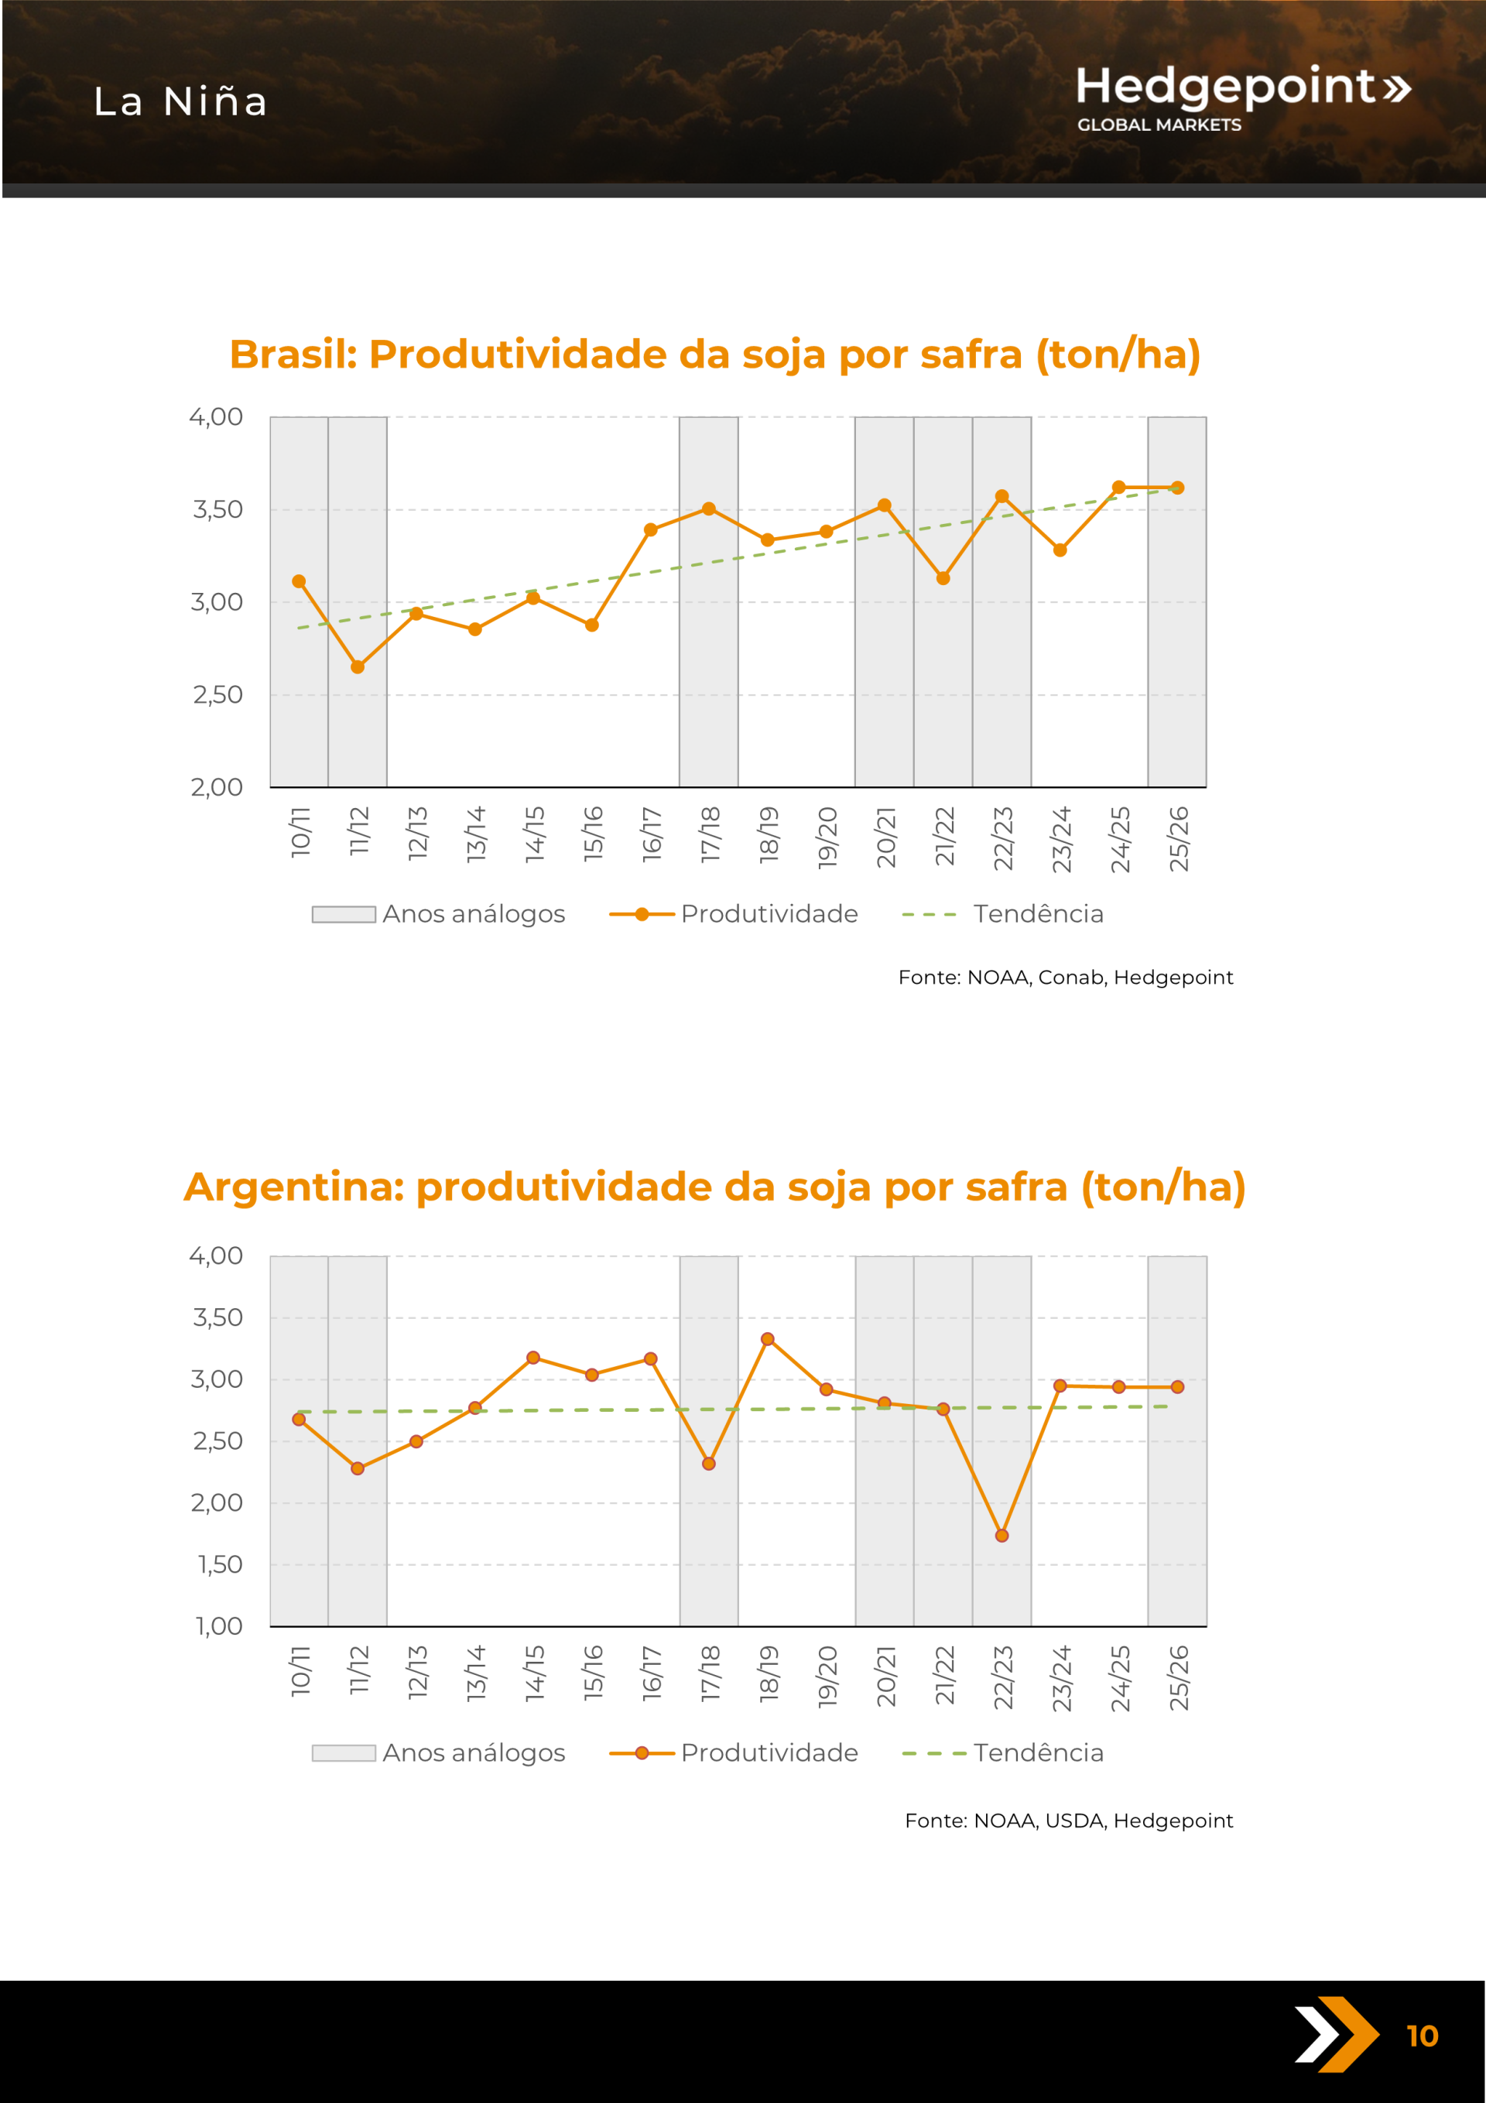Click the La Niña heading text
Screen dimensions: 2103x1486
pos(181,101)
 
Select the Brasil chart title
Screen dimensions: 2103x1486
pos(714,354)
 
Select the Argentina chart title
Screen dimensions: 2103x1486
pos(714,1187)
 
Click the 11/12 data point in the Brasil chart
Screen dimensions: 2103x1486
pos(358,666)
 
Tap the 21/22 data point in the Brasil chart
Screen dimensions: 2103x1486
pos(943,578)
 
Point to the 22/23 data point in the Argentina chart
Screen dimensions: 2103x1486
pos(1002,1535)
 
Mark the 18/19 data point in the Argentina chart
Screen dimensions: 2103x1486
pos(768,1339)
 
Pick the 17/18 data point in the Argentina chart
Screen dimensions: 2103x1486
pos(708,1464)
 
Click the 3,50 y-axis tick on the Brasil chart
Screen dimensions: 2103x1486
pos(217,509)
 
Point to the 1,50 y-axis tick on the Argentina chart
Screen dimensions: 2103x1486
pos(220,1564)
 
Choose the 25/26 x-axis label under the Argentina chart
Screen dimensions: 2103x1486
pos(1178,1678)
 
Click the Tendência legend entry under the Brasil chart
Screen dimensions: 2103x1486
pos(1037,914)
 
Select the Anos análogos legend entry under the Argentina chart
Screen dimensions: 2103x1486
pos(473,1752)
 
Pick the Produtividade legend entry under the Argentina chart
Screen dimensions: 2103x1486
pos(769,1752)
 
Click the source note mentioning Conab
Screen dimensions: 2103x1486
pos(1066,978)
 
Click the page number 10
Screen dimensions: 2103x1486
pos(1422,2036)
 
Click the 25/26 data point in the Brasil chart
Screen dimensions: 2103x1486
pos(1177,488)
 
